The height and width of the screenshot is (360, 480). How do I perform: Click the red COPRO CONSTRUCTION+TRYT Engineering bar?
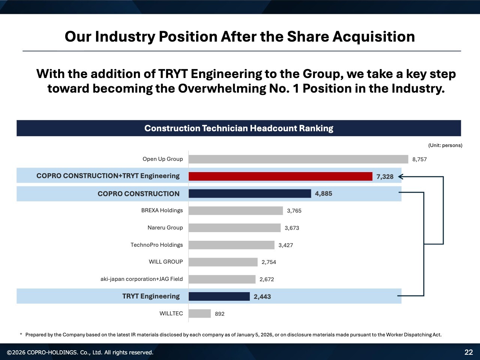280,176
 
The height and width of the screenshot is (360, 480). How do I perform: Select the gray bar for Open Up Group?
298,159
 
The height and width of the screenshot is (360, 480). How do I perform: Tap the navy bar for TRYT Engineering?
219,296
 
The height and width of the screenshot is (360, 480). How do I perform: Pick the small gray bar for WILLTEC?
199,313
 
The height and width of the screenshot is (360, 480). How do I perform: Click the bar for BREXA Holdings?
235,211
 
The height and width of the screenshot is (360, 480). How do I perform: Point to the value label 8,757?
419,159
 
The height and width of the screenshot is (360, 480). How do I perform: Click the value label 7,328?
385,177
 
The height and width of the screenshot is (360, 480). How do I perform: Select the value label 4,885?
323,194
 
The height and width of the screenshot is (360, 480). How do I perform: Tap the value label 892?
220,314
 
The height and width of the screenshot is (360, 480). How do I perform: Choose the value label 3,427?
286,245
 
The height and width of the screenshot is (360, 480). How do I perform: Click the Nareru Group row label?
165,228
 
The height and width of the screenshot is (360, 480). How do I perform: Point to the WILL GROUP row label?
166,262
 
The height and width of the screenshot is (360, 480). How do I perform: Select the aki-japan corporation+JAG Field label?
141,279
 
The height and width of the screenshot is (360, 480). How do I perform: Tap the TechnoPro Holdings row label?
156,245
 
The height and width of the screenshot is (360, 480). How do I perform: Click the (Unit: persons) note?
445,145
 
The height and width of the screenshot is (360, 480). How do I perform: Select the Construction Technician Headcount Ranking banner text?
238,128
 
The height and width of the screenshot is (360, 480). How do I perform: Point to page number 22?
469,352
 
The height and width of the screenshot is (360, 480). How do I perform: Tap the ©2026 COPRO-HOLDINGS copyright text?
80,352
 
